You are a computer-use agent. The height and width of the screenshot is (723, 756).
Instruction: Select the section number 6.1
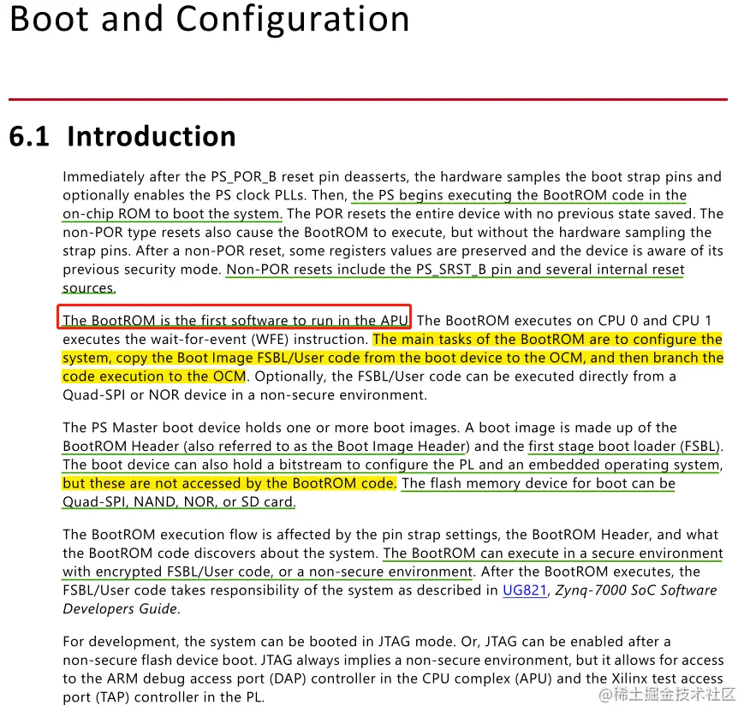coord(29,137)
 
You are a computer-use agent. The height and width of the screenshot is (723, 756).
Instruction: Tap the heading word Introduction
coord(151,137)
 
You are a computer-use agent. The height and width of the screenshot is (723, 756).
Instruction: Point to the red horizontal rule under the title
coord(368,100)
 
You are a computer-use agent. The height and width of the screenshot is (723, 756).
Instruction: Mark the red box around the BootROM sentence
coord(235,317)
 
